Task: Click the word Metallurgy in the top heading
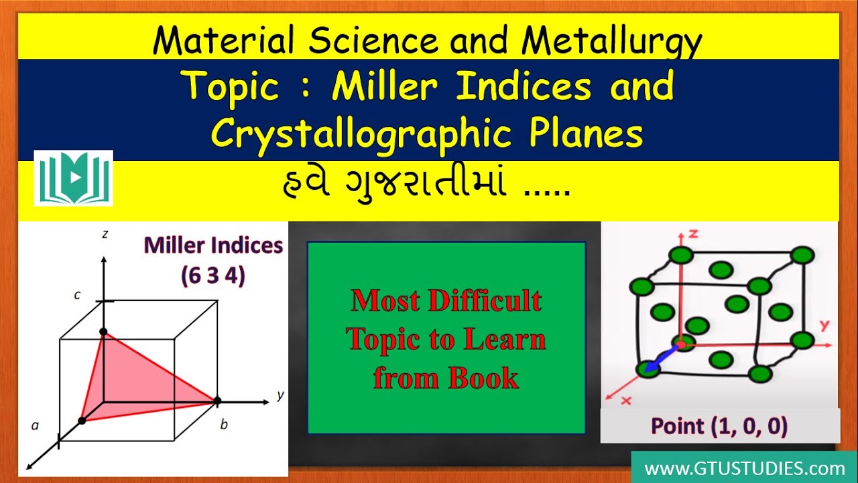(612, 42)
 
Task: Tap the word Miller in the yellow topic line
(383, 87)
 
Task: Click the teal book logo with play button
(74, 178)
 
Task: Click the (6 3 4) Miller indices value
(212, 276)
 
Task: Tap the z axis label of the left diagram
(105, 235)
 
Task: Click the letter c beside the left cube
(78, 294)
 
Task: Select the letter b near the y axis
(224, 424)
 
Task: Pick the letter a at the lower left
(35, 425)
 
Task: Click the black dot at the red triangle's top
(103, 332)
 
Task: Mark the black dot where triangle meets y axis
(217, 401)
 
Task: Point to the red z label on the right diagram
(694, 233)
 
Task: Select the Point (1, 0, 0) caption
(719, 426)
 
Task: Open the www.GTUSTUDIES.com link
(744, 468)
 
